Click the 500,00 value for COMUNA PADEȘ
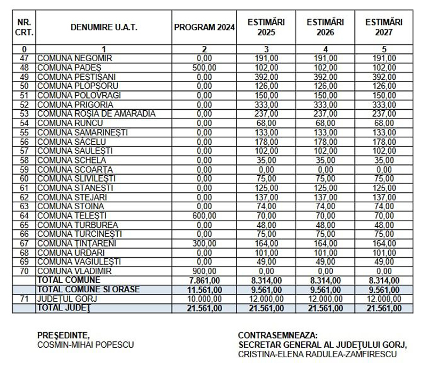click(x=204, y=68)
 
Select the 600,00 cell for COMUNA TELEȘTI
click(x=204, y=216)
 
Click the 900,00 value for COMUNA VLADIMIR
click(x=204, y=271)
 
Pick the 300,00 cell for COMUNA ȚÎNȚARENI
click(x=204, y=243)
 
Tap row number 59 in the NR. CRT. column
click(x=23, y=169)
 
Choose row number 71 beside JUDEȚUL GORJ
click(x=23, y=299)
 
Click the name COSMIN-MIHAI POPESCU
click(x=86, y=344)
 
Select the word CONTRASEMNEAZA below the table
click(x=277, y=335)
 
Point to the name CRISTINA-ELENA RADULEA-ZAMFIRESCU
click(x=317, y=354)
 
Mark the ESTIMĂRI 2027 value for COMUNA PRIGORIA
click(x=384, y=104)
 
